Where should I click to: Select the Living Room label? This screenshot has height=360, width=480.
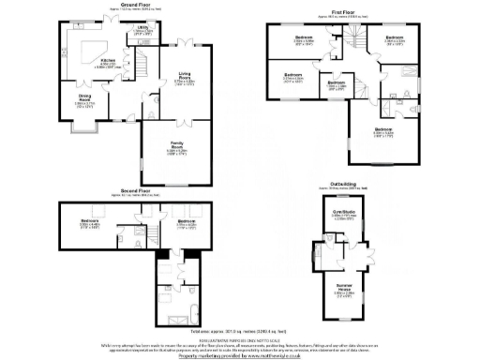point(183,79)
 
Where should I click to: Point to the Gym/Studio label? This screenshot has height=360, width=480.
point(344,212)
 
